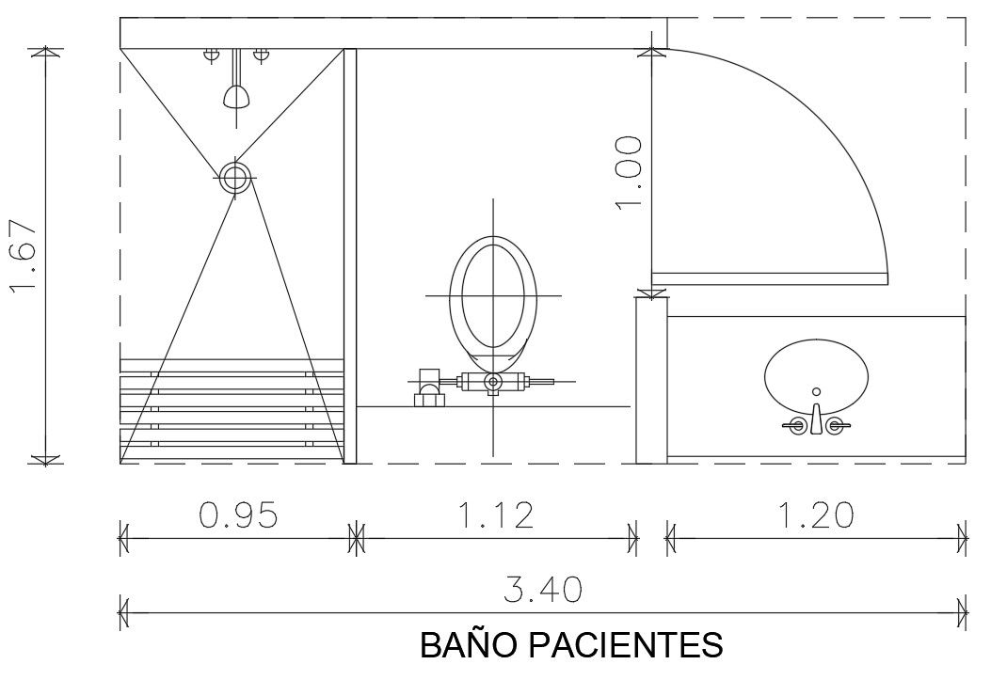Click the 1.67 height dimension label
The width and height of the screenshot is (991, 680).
[24, 256]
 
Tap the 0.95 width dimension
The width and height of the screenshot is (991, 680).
[238, 515]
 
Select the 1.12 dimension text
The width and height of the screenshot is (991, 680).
[495, 515]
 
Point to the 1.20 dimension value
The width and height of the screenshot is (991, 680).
[815, 515]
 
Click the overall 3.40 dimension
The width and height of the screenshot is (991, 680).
[543, 590]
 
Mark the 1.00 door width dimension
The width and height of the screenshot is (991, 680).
[629, 172]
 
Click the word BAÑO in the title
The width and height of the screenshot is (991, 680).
[467, 645]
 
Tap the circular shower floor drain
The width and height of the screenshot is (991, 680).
[235, 178]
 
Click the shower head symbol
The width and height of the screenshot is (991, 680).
[236, 96]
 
